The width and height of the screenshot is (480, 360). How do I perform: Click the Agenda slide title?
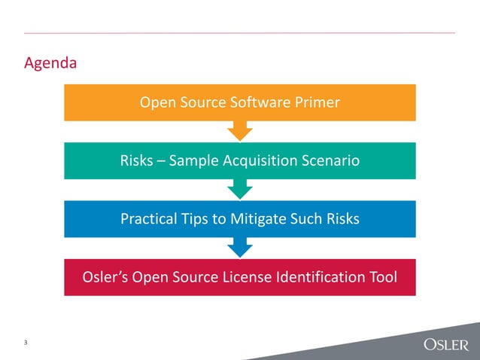(50, 63)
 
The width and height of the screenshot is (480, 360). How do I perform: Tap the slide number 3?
(26, 343)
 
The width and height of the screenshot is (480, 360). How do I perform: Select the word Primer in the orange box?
(316, 102)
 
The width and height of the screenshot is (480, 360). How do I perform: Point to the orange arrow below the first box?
(240, 131)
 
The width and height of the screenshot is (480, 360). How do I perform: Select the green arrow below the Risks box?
(240, 188)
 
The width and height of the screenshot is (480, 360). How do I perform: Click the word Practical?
(149, 219)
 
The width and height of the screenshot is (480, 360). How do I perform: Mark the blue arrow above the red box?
(240, 246)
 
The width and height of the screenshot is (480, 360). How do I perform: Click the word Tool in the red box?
(381, 278)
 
